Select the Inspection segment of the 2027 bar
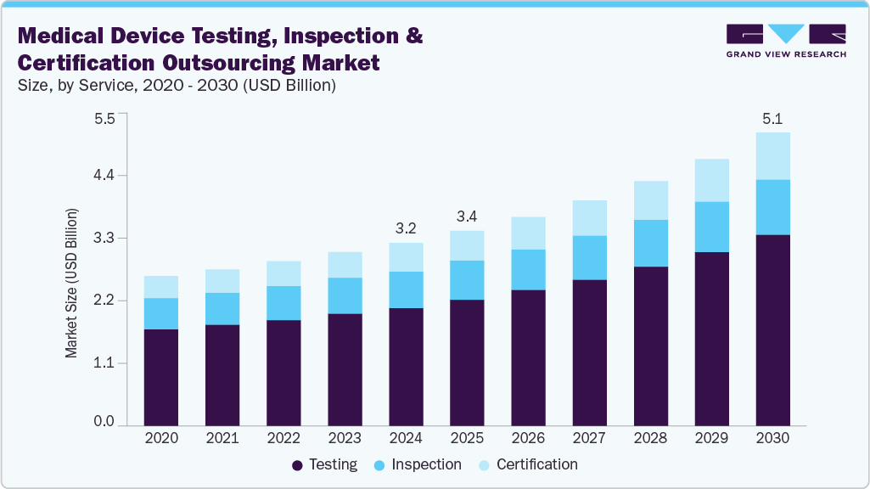[x=589, y=257]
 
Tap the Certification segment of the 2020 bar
[x=161, y=287]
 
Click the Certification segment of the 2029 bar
[x=711, y=180]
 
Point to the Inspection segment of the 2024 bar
[x=406, y=289]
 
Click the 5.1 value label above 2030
[x=772, y=117]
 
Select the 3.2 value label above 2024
[x=406, y=228]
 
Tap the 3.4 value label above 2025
[x=467, y=216]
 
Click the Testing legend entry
[x=324, y=465]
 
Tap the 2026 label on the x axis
[x=528, y=438]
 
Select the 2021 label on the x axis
[x=222, y=438]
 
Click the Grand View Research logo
[x=786, y=40]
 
